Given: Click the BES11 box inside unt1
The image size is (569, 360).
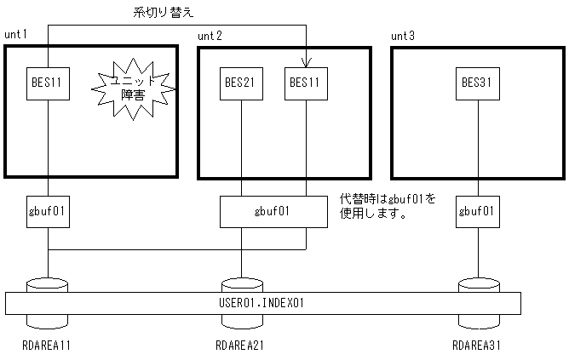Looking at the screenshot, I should point(48,83).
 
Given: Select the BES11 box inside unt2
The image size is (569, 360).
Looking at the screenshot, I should point(306,83).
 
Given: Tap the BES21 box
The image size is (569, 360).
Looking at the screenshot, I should point(242,83).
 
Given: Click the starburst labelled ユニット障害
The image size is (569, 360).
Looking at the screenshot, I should point(132,87).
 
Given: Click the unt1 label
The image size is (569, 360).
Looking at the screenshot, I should point(16,36).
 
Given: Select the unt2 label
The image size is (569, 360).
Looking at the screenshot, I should point(210,36).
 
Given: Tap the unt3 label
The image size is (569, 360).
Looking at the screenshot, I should point(403,36).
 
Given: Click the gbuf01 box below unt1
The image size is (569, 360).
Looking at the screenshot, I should point(48,210).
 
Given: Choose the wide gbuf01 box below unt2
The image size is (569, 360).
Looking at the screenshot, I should point(273,210).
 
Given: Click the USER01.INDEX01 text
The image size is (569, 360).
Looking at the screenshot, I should point(262,303).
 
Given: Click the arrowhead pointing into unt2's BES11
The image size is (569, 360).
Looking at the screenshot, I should point(306,61).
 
